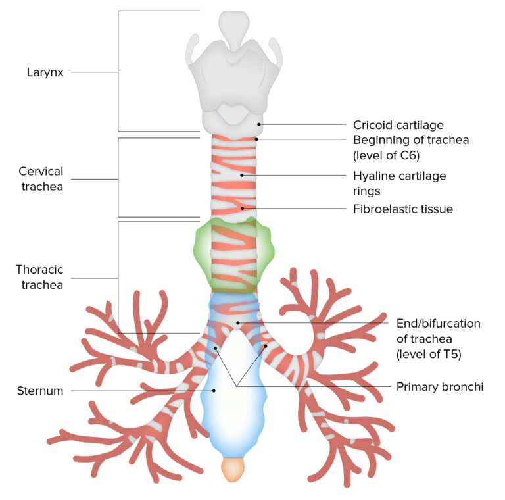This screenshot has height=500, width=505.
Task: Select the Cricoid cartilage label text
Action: tap(398, 124)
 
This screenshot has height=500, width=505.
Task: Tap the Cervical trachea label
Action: tap(41, 179)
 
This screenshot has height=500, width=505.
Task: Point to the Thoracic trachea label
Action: tap(39, 277)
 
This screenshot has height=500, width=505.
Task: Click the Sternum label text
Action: tap(41, 391)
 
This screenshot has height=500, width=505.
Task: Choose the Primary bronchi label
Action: tap(439, 387)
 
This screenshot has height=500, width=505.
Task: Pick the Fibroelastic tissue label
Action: tap(402, 209)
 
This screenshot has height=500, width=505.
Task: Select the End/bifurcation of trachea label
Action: tap(438, 324)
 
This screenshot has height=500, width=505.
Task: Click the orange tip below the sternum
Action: tap(233, 469)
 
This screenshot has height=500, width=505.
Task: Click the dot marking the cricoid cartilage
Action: tap(260, 124)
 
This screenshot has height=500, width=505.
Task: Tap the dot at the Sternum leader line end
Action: tap(214, 391)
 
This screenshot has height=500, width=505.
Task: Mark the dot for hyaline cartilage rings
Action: tap(242, 175)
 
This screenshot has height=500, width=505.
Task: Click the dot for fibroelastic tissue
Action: tap(243, 209)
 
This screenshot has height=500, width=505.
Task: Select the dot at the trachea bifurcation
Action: tap(238, 322)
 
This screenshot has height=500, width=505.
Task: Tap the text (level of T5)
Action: tap(428, 354)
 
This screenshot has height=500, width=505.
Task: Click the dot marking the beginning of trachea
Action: tap(256, 139)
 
